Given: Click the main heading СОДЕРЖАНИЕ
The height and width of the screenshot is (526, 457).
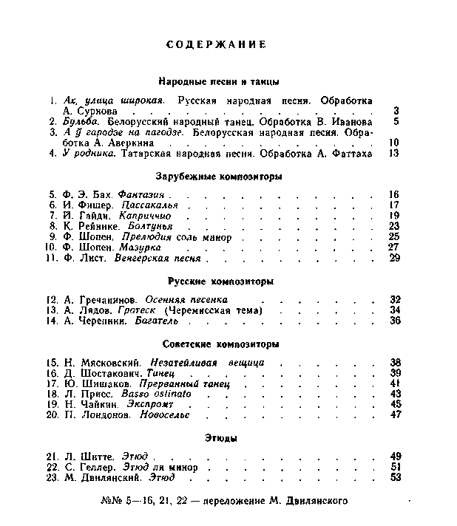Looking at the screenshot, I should coord(216,44).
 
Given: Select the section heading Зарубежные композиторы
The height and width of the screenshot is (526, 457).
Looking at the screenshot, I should coord(220,177).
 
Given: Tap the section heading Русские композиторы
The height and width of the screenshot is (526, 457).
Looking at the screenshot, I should coord(221,281).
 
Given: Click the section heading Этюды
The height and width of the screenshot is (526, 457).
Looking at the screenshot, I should coord(221,439).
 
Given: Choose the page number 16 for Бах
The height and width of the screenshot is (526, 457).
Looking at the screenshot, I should coord(393,194).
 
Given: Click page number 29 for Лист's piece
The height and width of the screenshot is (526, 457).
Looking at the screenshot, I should coord(393,258).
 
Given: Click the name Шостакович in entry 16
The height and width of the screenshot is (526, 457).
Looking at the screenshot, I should coord(112,373).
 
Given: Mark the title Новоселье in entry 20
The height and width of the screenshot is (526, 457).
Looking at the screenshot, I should coord(147,415).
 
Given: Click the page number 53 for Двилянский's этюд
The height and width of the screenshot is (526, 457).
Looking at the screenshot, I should coord(394,477).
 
